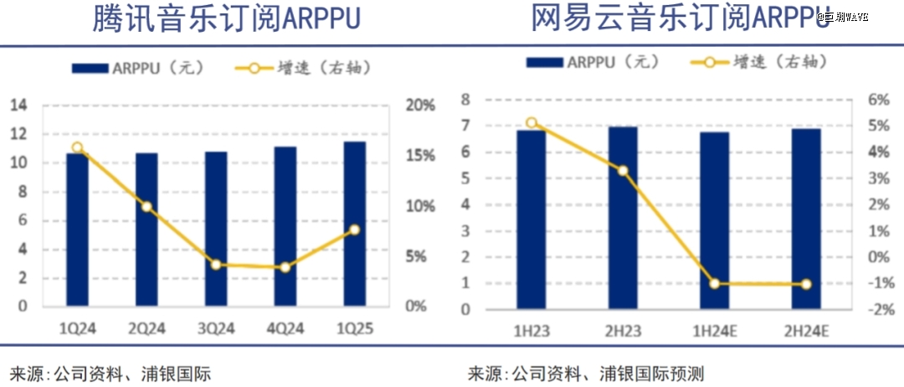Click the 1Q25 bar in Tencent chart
tap(354, 224)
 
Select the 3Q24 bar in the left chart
tap(216, 229)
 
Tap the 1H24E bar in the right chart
tap(714, 220)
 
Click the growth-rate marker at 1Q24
tap(77, 147)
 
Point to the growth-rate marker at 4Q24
tap(285, 267)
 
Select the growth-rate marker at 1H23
tap(531, 123)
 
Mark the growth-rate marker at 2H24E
tap(806, 284)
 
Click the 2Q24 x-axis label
tap(146, 329)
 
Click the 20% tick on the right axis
tap(421, 106)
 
